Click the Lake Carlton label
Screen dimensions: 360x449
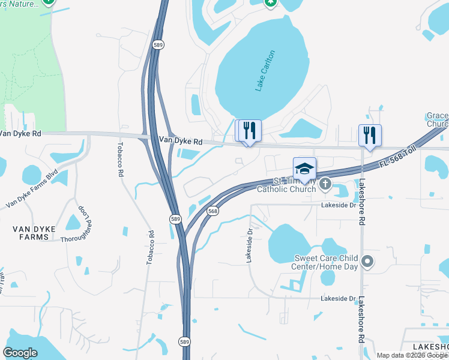click(265, 71)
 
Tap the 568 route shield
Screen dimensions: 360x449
click(212, 211)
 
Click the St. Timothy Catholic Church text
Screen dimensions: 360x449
click(286, 185)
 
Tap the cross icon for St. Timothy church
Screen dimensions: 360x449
click(325, 184)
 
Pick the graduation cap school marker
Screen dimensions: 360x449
click(304, 169)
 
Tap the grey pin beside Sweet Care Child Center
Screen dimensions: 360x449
click(369, 262)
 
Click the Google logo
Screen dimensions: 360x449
click(20, 353)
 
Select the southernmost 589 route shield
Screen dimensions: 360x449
click(184, 341)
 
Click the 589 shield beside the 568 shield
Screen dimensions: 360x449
click(175, 218)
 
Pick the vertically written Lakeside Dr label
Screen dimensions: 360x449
click(249, 245)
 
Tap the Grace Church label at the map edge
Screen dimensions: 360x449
click(438, 119)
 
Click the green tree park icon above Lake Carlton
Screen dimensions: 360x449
click(271, 2)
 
